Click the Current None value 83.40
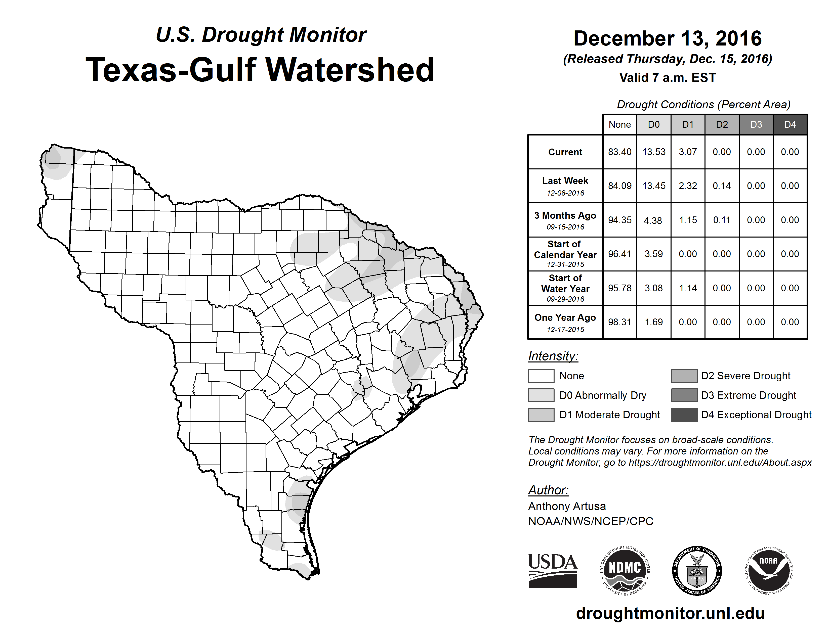click(619, 152)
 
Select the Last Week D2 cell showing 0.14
click(722, 186)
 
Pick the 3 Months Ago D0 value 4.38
click(653, 220)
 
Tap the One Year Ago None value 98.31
click(619, 322)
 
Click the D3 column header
click(756, 124)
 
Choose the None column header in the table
click(619, 124)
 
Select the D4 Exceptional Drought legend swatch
click(684, 415)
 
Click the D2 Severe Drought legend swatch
click(684, 376)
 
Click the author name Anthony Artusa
click(567, 506)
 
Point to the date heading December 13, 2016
click(667, 38)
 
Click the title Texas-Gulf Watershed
click(260, 70)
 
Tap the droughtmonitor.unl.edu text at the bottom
click(670, 613)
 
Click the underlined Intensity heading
click(553, 356)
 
